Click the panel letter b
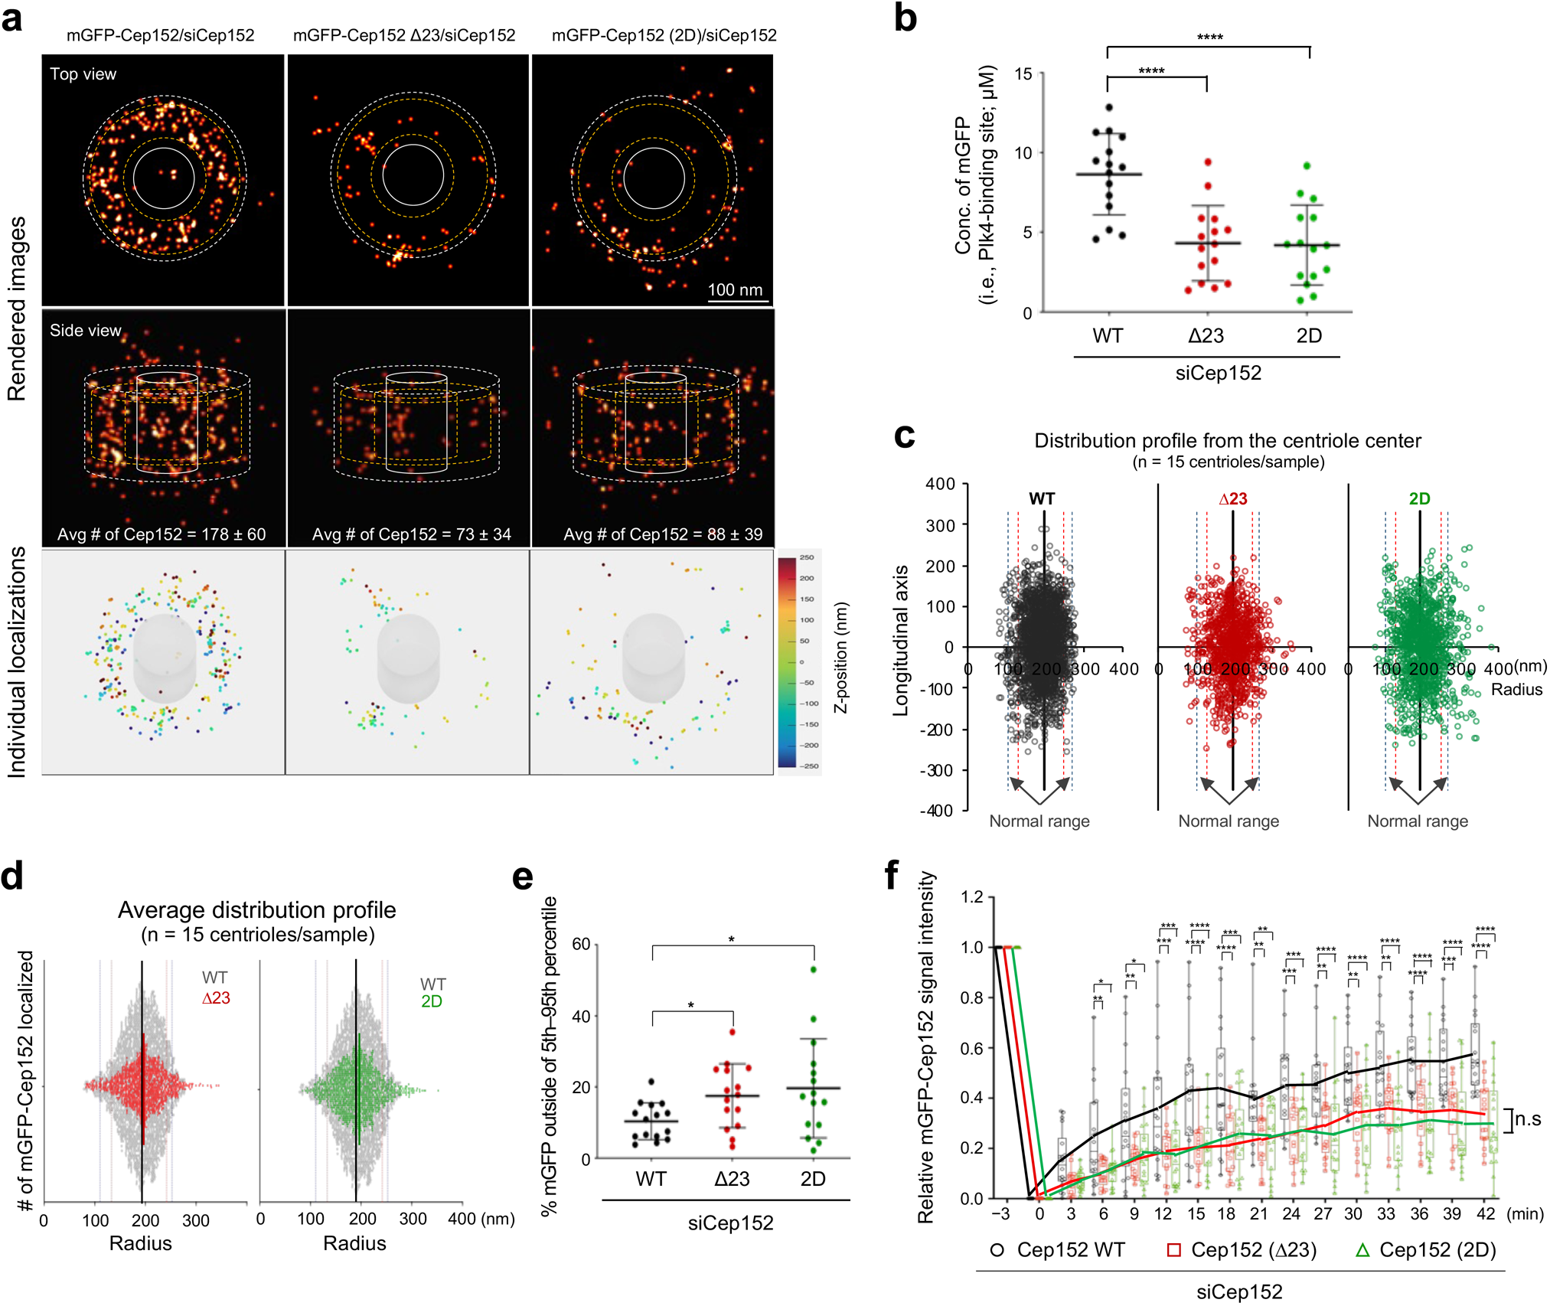click(905, 18)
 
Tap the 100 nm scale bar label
click(735, 289)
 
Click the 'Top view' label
click(83, 74)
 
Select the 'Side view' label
click(85, 330)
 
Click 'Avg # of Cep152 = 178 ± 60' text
click(162, 534)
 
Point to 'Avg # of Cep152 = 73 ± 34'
click(411, 534)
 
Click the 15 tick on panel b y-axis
click(1023, 74)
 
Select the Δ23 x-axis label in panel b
click(1206, 335)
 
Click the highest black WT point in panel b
click(1109, 107)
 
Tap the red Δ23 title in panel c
click(1232, 499)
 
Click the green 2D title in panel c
click(1419, 499)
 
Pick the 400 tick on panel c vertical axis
click(940, 484)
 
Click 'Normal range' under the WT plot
click(1039, 821)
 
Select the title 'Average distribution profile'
click(256, 909)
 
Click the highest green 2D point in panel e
click(813, 969)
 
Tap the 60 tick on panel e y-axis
click(581, 944)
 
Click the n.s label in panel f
click(1528, 1119)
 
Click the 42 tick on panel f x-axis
click(1486, 1213)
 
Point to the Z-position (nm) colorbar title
click(841, 658)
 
